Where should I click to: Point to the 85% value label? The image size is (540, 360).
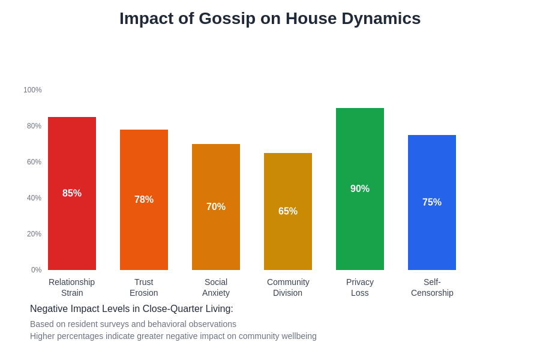(x=72, y=193)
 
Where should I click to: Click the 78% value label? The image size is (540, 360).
(x=144, y=200)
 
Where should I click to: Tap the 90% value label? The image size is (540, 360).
(x=360, y=189)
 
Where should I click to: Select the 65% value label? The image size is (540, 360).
(x=288, y=211)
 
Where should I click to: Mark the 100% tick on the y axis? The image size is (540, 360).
(x=32, y=90)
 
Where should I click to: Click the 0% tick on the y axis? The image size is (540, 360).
(x=36, y=270)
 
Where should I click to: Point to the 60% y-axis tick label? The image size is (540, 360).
(x=34, y=162)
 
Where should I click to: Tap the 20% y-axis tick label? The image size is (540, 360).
(x=34, y=234)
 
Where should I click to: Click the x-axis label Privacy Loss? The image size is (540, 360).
(x=360, y=287)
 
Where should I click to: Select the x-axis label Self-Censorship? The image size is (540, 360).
(x=432, y=287)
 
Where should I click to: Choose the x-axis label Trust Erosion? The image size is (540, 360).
(x=144, y=287)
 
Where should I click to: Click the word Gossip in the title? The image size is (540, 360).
(x=227, y=19)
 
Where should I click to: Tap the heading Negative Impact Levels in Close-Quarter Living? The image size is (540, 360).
(x=131, y=309)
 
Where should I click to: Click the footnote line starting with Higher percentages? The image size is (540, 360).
(x=173, y=336)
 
